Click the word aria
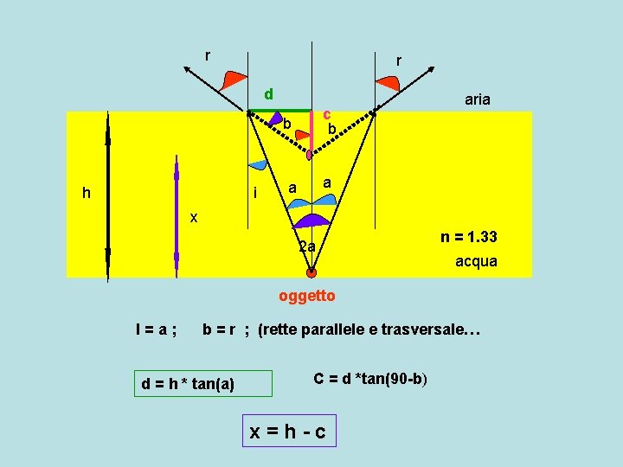477,99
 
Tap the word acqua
476,260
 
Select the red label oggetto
306,296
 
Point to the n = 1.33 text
468,237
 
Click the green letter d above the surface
269,93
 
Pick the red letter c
326,113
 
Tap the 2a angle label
306,247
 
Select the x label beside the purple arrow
194,218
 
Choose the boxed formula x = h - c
288,431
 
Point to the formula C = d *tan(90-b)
370,379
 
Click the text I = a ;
156,329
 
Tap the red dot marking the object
311,272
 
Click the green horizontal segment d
279,111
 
